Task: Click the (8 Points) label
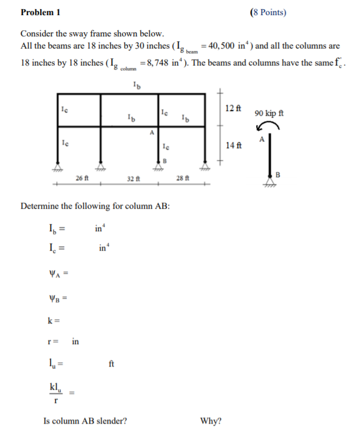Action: point(268,12)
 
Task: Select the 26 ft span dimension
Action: point(83,178)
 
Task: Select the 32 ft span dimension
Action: point(134,178)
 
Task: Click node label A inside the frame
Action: point(152,132)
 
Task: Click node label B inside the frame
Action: point(163,160)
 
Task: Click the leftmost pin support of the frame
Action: point(59,166)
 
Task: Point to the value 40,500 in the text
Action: point(226,46)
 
